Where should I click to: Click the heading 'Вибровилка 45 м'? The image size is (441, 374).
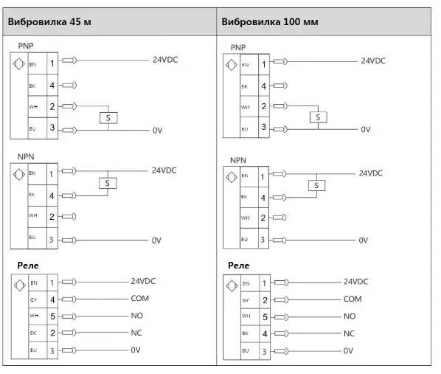coord(49,21)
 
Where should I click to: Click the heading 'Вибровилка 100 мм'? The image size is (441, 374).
coord(270,21)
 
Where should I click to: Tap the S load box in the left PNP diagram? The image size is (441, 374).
coord(108,118)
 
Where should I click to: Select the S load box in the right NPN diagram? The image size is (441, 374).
coord(316,185)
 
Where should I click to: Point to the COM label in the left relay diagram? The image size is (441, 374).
coord(140,298)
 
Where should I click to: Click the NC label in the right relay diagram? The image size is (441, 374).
coord(349,333)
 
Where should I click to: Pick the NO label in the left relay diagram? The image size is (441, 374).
coord(137,316)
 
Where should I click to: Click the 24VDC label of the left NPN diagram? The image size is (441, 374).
coord(164,170)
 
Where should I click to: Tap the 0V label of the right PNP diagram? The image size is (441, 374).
coord(366,129)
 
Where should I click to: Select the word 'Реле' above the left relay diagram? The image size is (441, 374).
coord(28,266)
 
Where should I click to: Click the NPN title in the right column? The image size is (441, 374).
coord(238,160)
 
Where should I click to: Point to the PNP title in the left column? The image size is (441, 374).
coord(26,46)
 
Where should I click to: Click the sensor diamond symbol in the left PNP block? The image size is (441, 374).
coord(19,64)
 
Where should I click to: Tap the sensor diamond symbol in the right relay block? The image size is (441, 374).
coord(232,286)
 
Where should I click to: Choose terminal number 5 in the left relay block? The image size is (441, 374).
coord(52,316)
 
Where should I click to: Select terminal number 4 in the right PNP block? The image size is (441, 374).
coord(263,86)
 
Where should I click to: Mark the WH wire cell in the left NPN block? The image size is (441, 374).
coord(37,216)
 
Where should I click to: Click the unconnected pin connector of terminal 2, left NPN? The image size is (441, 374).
coord(69,217)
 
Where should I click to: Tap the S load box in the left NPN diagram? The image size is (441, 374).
coord(108,184)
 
